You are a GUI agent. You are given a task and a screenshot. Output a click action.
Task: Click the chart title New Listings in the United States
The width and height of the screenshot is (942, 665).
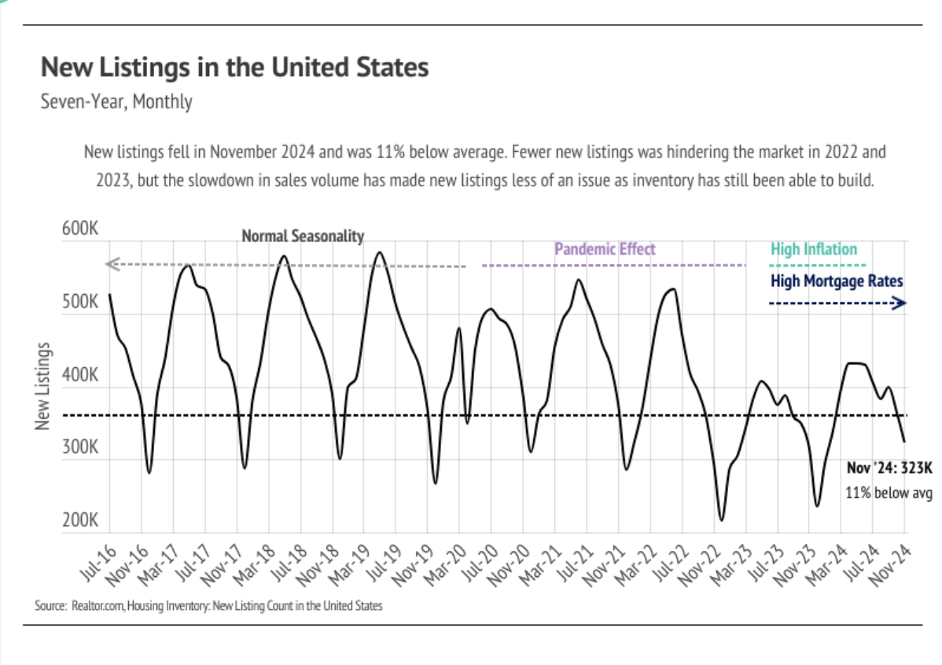[x=234, y=68]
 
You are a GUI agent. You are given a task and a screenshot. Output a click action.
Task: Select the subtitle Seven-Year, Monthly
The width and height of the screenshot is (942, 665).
[x=116, y=101]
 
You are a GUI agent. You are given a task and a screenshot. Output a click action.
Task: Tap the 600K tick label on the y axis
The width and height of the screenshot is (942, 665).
[x=80, y=229]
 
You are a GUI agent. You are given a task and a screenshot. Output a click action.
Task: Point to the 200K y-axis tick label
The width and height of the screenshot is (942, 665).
[x=80, y=520]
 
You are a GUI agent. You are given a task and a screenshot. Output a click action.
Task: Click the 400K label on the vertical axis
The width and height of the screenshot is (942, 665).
[x=80, y=375]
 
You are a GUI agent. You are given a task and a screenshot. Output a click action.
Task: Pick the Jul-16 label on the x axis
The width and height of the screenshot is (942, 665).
[x=99, y=563]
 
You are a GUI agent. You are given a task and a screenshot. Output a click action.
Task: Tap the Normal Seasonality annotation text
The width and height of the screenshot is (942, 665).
[x=303, y=236]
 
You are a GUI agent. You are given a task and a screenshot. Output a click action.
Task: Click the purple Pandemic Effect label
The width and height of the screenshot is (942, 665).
[x=605, y=249]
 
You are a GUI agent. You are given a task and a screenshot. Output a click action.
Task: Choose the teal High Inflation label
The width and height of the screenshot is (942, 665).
[x=814, y=249]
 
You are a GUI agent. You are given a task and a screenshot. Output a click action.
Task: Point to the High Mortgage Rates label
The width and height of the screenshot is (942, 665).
[x=837, y=281]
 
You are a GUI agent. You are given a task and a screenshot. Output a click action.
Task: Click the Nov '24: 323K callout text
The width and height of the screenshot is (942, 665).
[x=889, y=468]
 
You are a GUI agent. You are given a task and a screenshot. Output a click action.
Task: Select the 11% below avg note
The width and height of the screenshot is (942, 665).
[x=889, y=493]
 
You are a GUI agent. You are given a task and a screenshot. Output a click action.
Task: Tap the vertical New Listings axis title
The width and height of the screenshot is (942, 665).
[x=42, y=386]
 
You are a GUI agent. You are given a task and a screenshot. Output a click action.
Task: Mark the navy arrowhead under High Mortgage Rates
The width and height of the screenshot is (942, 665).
[x=899, y=303]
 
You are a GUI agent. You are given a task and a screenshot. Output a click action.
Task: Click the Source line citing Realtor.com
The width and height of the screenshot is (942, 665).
[x=208, y=605]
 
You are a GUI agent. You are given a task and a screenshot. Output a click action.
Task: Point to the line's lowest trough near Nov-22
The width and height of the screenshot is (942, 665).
[x=722, y=520]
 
